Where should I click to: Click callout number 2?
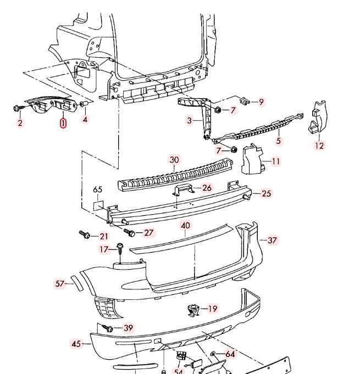[x=20, y=122]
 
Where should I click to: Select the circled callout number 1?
[x=63, y=123]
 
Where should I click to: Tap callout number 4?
[x=85, y=119]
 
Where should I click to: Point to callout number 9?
[x=261, y=102]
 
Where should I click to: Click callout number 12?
[x=320, y=146]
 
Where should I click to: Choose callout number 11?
[x=275, y=161]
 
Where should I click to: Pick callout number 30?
[x=174, y=160]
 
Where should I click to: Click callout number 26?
[x=207, y=188]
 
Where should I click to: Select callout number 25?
[x=266, y=193]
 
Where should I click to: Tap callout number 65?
[x=98, y=190]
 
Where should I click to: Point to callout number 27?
[x=148, y=232]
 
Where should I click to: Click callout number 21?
[x=104, y=236]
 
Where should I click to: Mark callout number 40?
[x=185, y=225]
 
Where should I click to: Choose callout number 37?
[x=272, y=240]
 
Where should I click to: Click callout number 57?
[x=60, y=283]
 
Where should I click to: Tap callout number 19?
[x=212, y=309]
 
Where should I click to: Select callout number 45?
[x=76, y=344]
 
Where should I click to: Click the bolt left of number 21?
[x=85, y=235]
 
